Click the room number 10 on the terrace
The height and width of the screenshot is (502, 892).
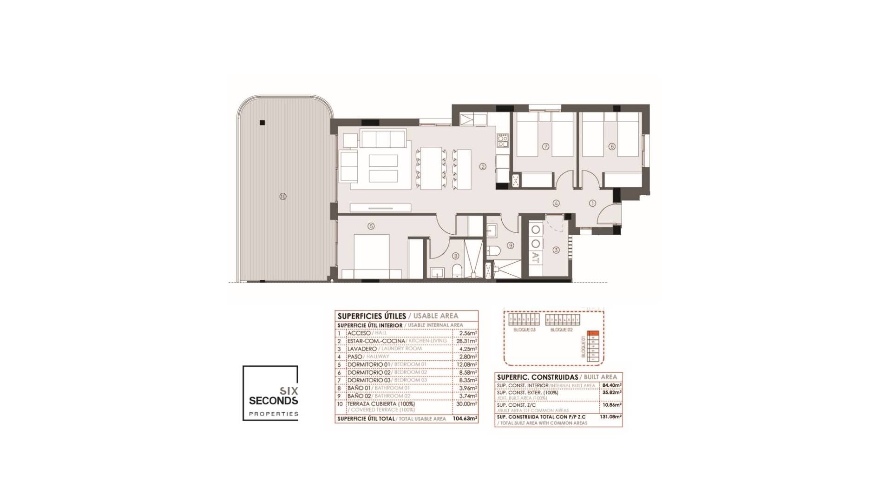pyautogui.click(x=283, y=197)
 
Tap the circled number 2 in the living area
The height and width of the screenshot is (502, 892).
pyautogui.click(x=483, y=166)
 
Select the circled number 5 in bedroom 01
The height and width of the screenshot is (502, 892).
pyautogui.click(x=371, y=226)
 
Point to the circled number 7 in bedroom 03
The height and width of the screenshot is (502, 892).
pyautogui.click(x=546, y=146)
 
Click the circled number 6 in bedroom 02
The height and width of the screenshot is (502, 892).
pyautogui.click(x=612, y=146)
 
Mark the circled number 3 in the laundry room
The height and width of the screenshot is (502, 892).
pyautogui.click(x=556, y=250)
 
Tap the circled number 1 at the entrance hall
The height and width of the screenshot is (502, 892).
pyautogui.click(x=592, y=203)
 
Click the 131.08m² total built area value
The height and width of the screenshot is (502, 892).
pyautogui.click(x=610, y=417)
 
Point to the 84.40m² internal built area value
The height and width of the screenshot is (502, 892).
pyautogui.click(x=612, y=385)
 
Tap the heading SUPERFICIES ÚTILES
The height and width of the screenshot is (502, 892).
pyautogui.click(x=372, y=316)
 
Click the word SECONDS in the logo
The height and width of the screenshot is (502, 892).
pyautogui.click(x=274, y=400)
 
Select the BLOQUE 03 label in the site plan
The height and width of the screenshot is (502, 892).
pyautogui.click(x=524, y=330)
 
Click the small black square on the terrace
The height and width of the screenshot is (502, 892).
pyautogui.click(x=262, y=123)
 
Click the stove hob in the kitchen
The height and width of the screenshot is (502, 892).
pyautogui.click(x=503, y=138)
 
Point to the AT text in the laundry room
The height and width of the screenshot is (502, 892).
pyautogui.click(x=536, y=258)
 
